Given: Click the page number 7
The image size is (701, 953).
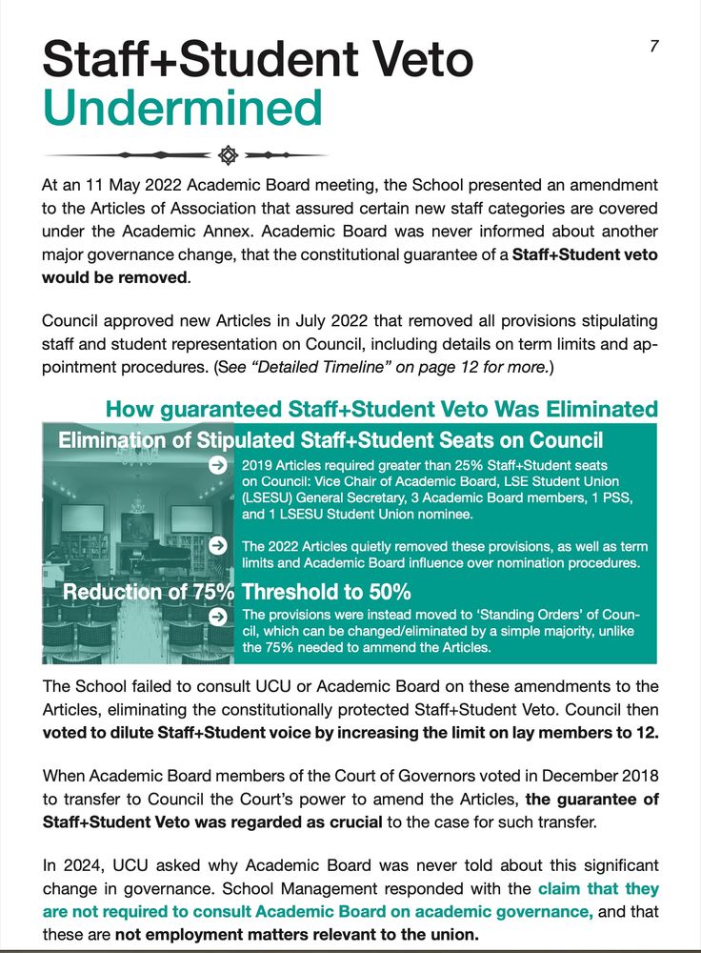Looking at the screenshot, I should pos(653,46).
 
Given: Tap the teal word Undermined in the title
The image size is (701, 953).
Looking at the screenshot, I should pos(183,107).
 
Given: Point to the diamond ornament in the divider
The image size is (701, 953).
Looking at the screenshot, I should pos(227,154).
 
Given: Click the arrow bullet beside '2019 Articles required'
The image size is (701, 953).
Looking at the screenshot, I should pos(218,465).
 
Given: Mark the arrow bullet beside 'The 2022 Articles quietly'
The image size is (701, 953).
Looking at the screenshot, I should pos(218,546).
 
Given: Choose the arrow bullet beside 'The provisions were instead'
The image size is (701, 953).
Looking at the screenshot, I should pos(218,616).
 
